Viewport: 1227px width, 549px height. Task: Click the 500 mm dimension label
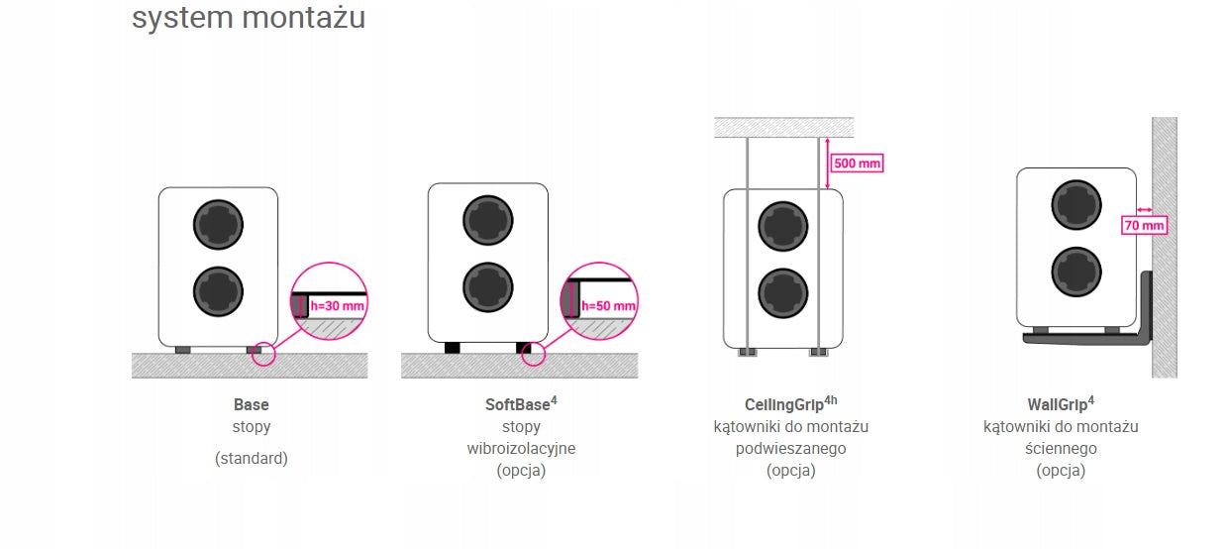tap(858, 164)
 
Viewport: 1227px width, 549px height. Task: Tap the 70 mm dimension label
tap(1144, 225)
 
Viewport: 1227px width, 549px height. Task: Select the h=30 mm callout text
tap(337, 306)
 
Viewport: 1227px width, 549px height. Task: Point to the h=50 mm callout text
tap(608, 306)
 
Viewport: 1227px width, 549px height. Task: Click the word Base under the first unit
tap(252, 405)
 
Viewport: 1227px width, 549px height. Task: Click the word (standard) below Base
tap(252, 458)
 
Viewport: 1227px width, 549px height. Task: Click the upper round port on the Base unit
tap(218, 225)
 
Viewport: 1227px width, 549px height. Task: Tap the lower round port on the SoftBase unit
tap(488, 287)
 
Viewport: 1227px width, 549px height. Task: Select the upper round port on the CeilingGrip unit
tap(782, 226)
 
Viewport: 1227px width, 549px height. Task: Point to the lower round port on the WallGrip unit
tap(1076, 272)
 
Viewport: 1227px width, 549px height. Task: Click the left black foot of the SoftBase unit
tap(452, 348)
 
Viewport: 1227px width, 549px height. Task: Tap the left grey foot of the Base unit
tap(183, 350)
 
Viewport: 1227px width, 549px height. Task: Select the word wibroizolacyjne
tap(521, 448)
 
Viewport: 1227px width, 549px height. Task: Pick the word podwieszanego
tap(790, 448)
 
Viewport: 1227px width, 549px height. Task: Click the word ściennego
tap(1061, 448)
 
